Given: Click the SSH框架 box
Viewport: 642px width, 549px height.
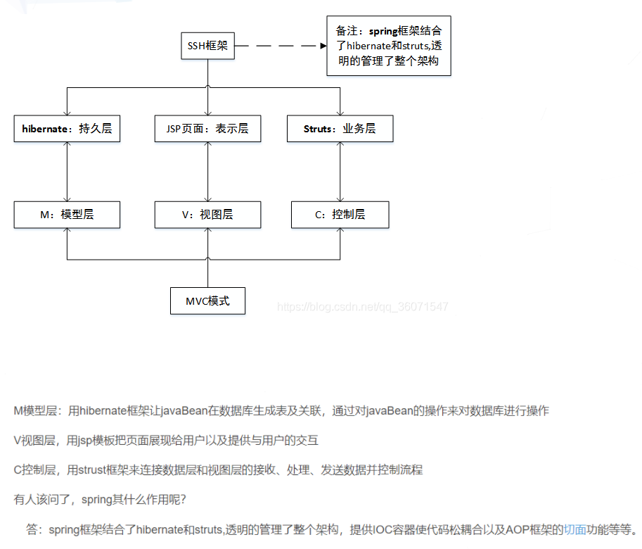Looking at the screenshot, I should point(207,47).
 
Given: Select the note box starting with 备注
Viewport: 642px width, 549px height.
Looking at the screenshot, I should point(389,46).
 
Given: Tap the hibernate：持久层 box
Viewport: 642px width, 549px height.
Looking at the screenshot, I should point(67,129).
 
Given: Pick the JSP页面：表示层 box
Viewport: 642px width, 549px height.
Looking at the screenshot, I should point(207,129).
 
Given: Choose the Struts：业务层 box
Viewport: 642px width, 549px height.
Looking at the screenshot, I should point(340,129).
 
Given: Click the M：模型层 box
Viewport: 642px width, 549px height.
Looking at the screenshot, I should point(67,215).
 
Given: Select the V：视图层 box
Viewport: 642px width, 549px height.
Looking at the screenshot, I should point(207,215).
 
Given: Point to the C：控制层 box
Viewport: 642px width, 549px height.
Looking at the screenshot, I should point(340,215).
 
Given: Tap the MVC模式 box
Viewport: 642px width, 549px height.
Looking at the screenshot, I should point(207,301).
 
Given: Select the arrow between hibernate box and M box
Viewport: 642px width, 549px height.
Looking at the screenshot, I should point(67,172).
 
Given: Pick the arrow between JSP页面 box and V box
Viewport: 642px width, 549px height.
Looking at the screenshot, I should point(207,172).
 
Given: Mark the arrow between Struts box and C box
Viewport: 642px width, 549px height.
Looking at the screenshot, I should point(340,172).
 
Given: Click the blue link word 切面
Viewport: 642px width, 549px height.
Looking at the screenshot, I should point(574,530).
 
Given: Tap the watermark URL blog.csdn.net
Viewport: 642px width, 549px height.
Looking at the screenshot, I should point(362,307).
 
